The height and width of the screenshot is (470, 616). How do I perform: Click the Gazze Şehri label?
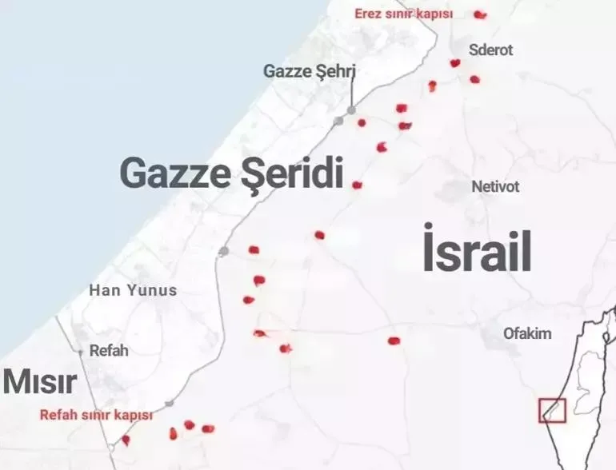pyautogui.click(x=309, y=71)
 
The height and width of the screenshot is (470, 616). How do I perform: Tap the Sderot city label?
pyautogui.click(x=491, y=50)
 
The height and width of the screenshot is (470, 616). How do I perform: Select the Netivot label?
pyautogui.click(x=495, y=186)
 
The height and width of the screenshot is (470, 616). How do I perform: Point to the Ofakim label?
pyautogui.click(x=527, y=333)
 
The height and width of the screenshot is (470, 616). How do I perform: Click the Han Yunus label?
pyautogui.click(x=133, y=290)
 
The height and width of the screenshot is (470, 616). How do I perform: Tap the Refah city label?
pyautogui.click(x=109, y=350)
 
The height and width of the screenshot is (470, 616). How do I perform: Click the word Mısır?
pyautogui.click(x=40, y=382)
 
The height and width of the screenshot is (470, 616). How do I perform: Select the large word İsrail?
pyautogui.click(x=477, y=252)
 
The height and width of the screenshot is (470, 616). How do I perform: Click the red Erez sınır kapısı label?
pyautogui.click(x=404, y=14)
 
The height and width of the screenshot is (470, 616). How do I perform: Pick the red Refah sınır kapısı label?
pyautogui.click(x=96, y=415)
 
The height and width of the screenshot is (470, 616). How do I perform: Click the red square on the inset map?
pyautogui.click(x=552, y=410)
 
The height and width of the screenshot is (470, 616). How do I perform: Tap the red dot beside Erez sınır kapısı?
pyautogui.click(x=479, y=14)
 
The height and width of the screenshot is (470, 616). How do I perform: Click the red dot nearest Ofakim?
pyautogui.click(x=394, y=341)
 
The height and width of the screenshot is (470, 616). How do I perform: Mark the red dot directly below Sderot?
pyautogui.click(x=474, y=79)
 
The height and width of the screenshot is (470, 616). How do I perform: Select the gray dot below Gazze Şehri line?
pyautogui.click(x=351, y=110)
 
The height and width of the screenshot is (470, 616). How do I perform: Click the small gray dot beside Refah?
pyautogui.click(x=81, y=352)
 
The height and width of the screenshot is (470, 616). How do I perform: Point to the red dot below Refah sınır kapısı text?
pyautogui.click(x=126, y=440)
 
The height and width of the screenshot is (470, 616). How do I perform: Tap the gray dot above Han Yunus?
pyautogui.click(x=224, y=251)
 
